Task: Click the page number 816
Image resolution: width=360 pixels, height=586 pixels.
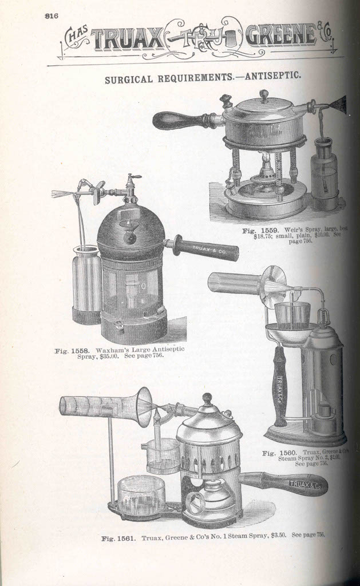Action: point(52,16)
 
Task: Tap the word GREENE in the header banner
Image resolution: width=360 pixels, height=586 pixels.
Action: point(280,36)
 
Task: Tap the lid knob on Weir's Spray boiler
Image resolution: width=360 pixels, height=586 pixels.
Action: point(264,95)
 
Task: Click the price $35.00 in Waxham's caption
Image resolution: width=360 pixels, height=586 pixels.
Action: point(108,356)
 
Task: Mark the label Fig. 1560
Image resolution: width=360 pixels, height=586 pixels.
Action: point(279,453)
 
